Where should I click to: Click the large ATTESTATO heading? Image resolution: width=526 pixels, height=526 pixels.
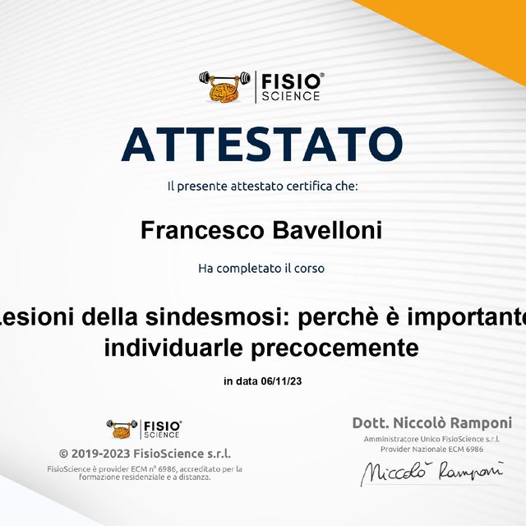[x=262, y=143]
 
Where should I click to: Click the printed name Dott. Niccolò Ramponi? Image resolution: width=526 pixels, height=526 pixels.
[x=431, y=423]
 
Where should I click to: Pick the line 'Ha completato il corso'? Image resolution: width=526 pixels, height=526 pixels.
[x=262, y=268]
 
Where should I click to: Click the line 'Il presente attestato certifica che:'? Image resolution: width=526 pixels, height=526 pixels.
[x=262, y=187]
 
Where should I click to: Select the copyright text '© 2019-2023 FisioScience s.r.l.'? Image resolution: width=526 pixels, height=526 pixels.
[x=145, y=454]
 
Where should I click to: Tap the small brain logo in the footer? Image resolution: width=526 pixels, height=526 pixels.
[x=122, y=428]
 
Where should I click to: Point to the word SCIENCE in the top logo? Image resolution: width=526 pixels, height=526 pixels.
[x=292, y=95]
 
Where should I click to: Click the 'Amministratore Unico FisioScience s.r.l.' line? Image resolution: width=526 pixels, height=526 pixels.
[x=431, y=440]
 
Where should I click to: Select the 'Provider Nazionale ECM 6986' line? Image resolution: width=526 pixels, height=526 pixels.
[x=431, y=450]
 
